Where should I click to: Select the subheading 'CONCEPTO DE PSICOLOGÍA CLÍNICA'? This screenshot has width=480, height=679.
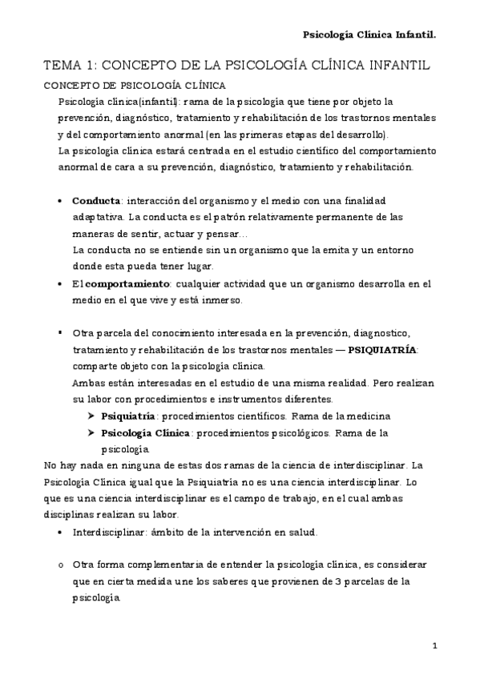[x=133, y=85]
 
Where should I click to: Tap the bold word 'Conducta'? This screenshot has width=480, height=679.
[x=95, y=201]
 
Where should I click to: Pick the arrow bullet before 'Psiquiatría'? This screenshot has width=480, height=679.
[x=91, y=416]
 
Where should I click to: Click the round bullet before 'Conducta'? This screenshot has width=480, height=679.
[x=62, y=201]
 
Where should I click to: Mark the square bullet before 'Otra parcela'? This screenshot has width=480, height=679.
[x=62, y=331]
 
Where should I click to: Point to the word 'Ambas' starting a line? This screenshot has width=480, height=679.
[x=87, y=383]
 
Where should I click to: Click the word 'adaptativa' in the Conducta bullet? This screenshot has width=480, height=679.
[x=99, y=217]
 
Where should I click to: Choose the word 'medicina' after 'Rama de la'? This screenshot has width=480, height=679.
[x=369, y=416]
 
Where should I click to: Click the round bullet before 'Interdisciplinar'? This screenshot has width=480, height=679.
[x=62, y=532]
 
